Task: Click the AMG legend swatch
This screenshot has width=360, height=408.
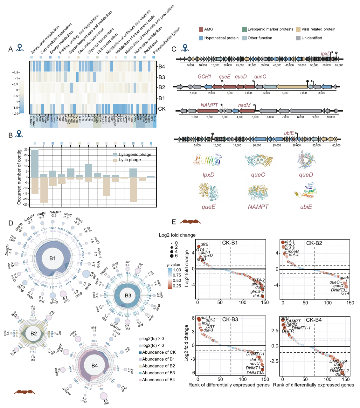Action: pyautogui.click(x=201, y=29)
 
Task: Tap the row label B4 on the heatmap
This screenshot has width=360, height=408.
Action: pyautogui.click(x=162, y=67)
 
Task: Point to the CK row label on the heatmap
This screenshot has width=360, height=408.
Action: pyautogui.click(x=162, y=109)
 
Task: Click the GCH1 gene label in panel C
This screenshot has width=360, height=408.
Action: pyautogui.click(x=204, y=77)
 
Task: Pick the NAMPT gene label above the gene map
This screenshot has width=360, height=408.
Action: pyautogui.click(x=209, y=105)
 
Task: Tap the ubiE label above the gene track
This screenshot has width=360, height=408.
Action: pyautogui.click(x=289, y=133)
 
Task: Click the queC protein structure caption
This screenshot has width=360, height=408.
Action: pyautogui.click(x=258, y=175)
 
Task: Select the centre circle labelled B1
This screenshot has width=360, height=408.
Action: pyautogui.click(x=52, y=258)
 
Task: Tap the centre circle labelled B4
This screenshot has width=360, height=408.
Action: pyautogui.click(x=94, y=365)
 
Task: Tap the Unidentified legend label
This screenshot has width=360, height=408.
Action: pyautogui.click(x=312, y=38)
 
